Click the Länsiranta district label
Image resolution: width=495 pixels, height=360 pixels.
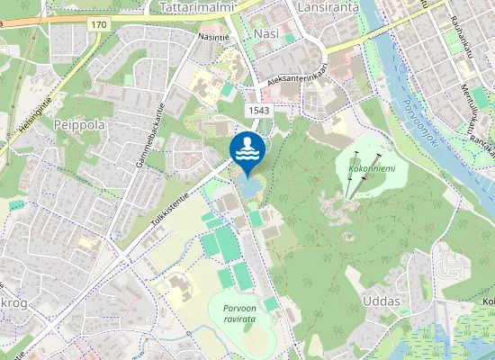click(328, 7)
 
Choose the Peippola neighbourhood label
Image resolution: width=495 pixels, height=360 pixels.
click(79, 123)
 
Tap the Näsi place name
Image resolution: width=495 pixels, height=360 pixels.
click(267, 33)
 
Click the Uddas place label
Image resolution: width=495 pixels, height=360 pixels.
click(380, 301)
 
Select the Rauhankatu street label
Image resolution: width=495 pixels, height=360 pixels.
click(462, 37)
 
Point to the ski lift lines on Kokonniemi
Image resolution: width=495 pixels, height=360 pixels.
click(356, 176)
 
